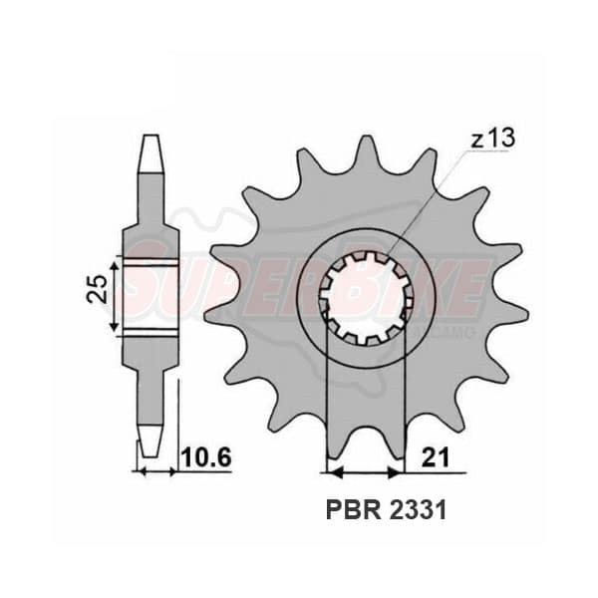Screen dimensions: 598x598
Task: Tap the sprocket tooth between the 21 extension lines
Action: tap(368, 439)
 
